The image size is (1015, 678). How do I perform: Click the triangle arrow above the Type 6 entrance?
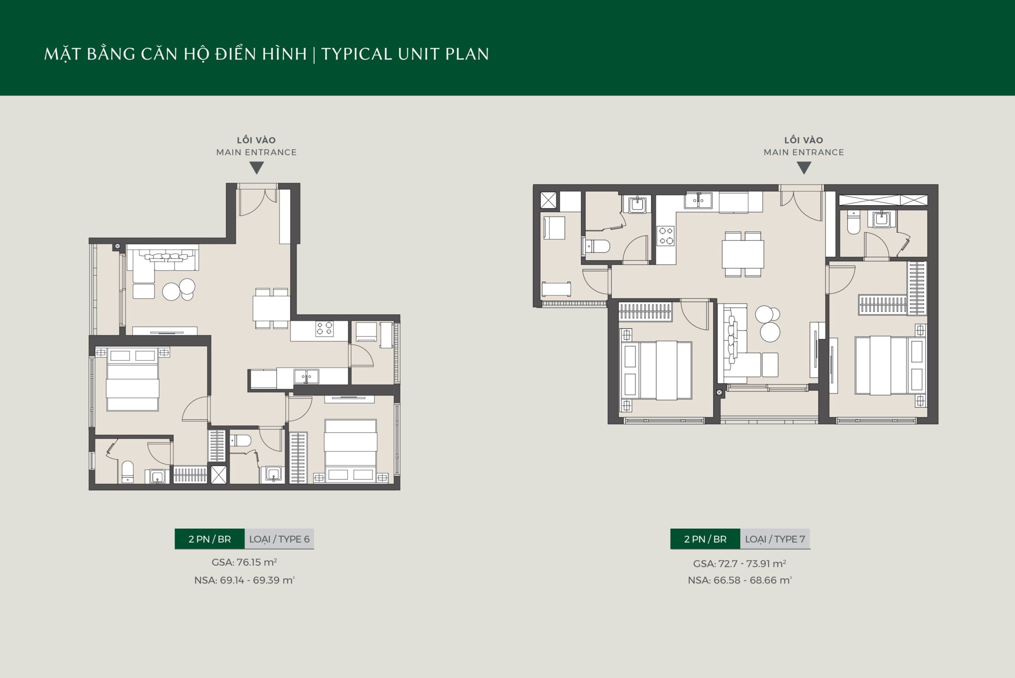(x=257, y=167)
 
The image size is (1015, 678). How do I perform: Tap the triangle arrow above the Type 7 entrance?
(x=804, y=167)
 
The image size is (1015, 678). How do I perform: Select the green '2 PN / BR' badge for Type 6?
(x=210, y=539)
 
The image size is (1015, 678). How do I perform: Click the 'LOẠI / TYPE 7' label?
(x=775, y=539)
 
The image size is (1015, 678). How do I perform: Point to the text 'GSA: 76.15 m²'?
(x=244, y=562)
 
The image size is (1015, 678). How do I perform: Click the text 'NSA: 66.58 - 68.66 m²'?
(x=740, y=580)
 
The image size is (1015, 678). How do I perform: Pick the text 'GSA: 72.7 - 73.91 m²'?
(x=740, y=563)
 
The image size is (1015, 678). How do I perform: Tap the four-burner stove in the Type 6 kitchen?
(x=324, y=328)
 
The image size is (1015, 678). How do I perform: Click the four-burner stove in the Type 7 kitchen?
(x=665, y=236)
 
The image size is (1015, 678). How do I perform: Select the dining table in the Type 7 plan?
(x=743, y=254)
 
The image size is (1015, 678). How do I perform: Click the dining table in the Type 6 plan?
(x=271, y=308)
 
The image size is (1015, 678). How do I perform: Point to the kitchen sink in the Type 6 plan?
(x=306, y=376)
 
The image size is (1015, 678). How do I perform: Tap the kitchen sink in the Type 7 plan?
(x=698, y=200)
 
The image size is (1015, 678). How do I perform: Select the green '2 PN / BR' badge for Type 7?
(x=705, y=539)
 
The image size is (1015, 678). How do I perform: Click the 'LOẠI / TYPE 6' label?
(x=279, y=539)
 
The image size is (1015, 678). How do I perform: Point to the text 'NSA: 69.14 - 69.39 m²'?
(x=244, y=580)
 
